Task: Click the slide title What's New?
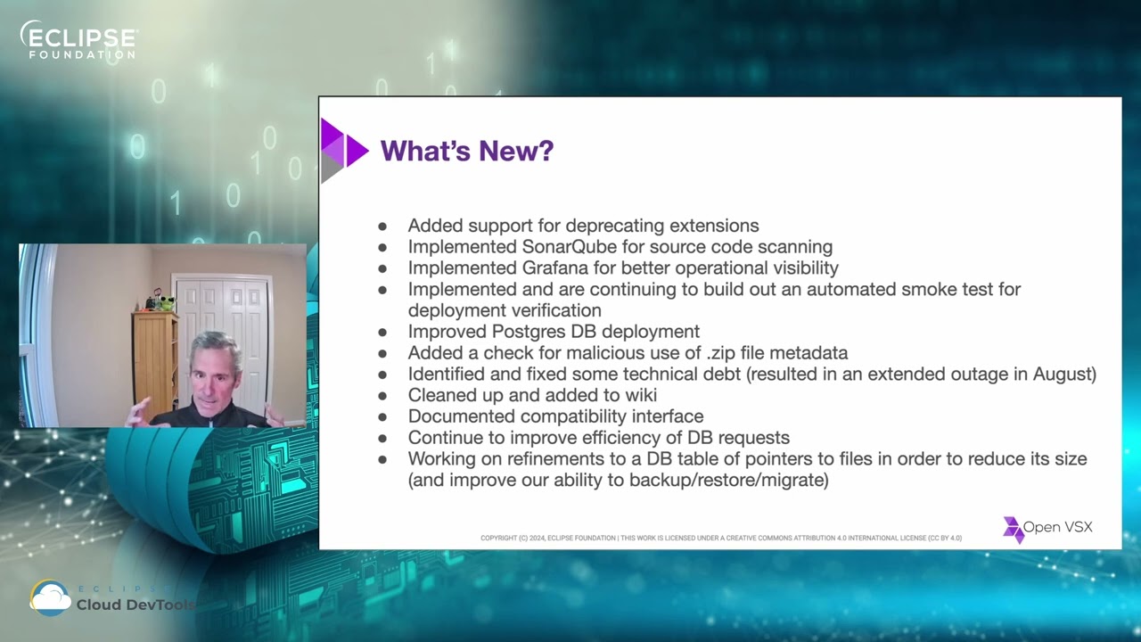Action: [466, 151]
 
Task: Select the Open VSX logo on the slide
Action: [1047, 528]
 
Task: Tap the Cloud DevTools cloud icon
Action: [50, 598]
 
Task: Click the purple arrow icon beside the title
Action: [344, 150]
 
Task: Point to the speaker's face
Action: [214, 379]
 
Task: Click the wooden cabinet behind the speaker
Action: [155, 361]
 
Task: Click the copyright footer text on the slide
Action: [720, 538]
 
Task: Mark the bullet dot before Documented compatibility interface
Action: [382, 416]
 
